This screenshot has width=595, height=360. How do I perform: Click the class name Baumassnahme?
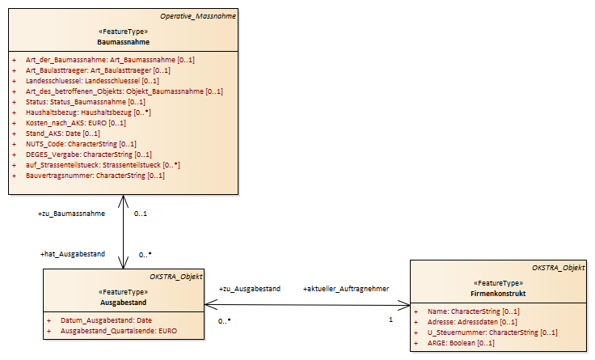pos(124,42)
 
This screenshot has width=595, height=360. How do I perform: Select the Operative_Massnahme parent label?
pos(198,16)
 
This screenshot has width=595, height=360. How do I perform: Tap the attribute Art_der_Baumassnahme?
pos(110,60)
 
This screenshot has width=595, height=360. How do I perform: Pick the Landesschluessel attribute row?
pos(92,81)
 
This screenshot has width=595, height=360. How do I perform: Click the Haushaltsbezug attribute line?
pos(88,112)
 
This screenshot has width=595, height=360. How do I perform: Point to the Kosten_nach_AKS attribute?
pos(75,123)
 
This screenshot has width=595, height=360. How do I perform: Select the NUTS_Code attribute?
pos(81,144)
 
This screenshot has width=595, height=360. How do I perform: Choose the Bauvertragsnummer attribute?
pos(95,176)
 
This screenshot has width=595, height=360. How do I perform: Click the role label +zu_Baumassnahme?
pos(71,214)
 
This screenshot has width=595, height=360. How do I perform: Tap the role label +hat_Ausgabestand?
pos(73,254)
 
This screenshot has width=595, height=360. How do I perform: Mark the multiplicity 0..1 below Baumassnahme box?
pos(141,214)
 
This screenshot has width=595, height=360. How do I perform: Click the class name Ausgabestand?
pos(124,303)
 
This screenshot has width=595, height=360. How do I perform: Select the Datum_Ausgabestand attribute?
pos(106,320)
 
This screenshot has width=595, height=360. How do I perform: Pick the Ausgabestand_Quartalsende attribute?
pos(119,331)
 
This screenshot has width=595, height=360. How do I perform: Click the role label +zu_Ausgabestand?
pos(250,289)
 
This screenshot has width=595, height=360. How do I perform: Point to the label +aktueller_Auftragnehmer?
pos(346,289)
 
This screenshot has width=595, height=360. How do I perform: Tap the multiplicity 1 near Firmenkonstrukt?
pos(390,320)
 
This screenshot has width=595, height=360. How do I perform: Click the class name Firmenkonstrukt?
pos(498,294)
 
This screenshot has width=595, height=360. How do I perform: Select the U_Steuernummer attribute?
pos(492,332)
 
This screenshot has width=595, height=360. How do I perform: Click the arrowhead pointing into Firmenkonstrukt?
pos(404,304)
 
